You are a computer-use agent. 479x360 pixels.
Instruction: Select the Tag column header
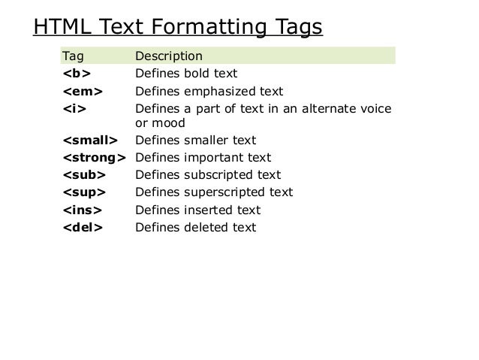click(x=73, y=56)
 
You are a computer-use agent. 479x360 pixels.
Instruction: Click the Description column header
click(x=168, y=56)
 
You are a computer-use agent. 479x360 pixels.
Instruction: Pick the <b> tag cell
click(x=71, y=74)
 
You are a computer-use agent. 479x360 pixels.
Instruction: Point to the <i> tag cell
click(x=70, y=108)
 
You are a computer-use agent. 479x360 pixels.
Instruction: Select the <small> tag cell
click(x=89, y=141)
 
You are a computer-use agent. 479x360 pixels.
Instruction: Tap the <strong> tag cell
click(x=94, y=158)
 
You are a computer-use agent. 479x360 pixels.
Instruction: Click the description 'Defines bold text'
click(x=185, y=74)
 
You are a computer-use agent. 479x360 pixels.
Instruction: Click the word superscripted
click(x=224, y=192)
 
